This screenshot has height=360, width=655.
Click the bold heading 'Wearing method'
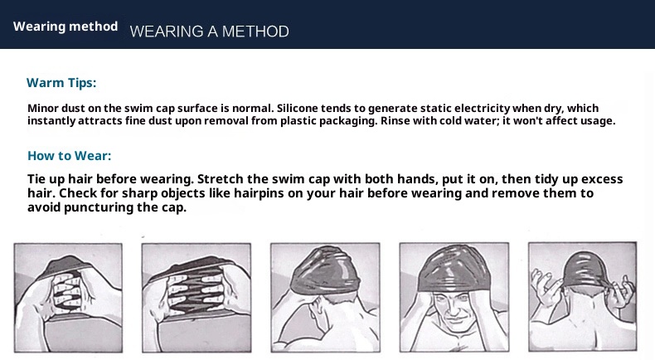65,26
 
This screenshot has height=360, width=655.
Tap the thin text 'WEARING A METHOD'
209,32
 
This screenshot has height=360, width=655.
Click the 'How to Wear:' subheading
69,155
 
